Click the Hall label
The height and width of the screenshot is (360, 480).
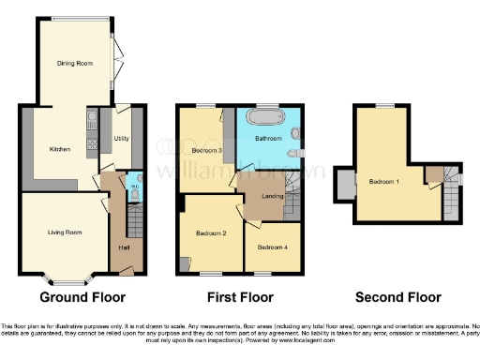124,247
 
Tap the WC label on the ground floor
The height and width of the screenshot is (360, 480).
134,186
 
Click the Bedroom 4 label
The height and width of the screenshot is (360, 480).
271,247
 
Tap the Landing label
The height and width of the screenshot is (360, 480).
274,195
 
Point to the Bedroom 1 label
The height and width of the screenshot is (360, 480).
384,181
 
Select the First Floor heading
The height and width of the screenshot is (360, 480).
241,297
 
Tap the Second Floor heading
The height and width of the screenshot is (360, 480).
397,297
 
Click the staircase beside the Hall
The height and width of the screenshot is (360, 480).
134,218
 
